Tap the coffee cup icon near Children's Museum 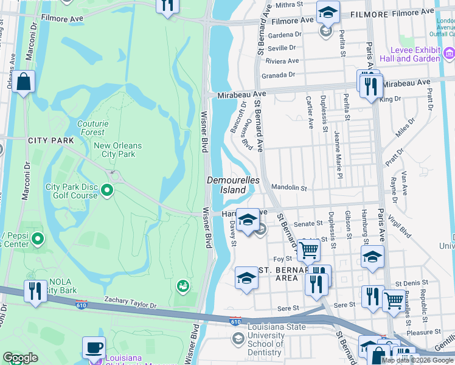click(x=94, y=348)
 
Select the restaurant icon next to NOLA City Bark click(x=35, y=290)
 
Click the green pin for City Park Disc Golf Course click(x=108, y=191)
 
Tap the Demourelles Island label click(x=233, y=185)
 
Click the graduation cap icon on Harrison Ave click(x=247, y=220)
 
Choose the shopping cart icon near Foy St click(x=308, y=249)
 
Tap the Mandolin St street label click(x=289, y=188)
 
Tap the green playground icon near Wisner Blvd click(x=181, y=285)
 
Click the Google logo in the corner click(x=20, y=358)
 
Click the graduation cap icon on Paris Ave click(x=372, y=257)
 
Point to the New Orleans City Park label click(x=117, y=150)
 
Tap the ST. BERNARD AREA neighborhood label click(x=277, y=274)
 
